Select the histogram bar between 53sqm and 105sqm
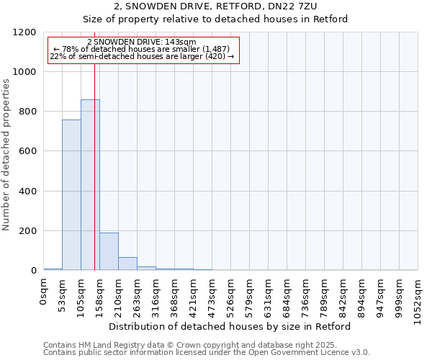coord(71,195)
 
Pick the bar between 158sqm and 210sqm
coord(109,251)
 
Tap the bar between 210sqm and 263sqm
coord(127,264)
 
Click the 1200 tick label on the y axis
coord(24,32)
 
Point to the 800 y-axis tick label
coord(27,112)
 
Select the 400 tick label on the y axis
coord(27,192)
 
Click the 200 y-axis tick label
coord(27,231)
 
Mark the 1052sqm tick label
coord(418,296)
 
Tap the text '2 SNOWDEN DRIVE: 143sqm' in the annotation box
coord(141,42)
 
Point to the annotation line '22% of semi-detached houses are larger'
coord(142,56)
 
